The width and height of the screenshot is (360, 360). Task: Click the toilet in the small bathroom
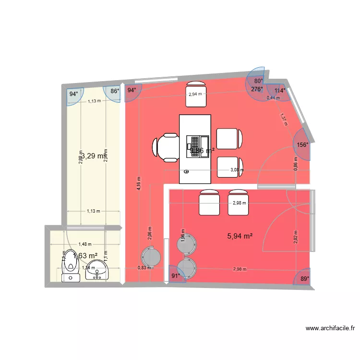click(x=71, y=265)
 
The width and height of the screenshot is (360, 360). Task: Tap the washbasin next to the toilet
click(x=98, y=270)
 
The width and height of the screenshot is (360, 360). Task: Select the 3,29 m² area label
click(x=92, y=156)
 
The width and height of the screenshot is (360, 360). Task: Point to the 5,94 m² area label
click(x=240, y=236)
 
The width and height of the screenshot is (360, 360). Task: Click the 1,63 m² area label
click(x=85, y=255)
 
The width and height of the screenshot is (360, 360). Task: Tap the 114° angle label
click(x=280, y=90)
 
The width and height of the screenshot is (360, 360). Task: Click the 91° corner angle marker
click(x=176, y=276)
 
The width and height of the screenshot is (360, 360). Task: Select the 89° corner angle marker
click(x=304, y=277)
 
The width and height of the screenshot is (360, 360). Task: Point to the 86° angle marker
click(x=114, y=91)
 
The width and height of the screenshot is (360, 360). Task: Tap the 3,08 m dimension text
click(x=237, y=169)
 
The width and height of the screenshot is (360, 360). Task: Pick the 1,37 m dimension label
click(x=284, y=118)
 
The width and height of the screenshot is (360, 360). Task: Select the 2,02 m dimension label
click(x=295, y=236)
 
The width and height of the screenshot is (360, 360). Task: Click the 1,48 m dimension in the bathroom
click(x=85, y=244)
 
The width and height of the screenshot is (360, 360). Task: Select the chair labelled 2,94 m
click(x=195, y=94)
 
